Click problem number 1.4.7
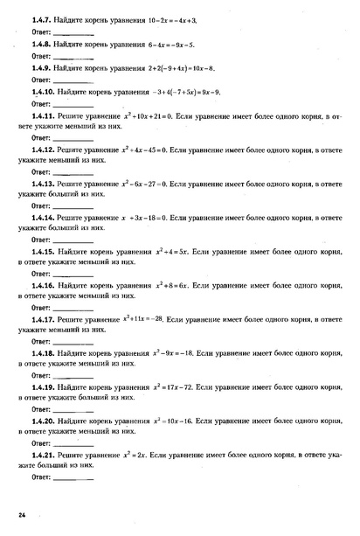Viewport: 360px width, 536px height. [x=39, y=17]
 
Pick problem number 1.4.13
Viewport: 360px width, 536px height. [x=41, y=185]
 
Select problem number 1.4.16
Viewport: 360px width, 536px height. [x=41, y=285]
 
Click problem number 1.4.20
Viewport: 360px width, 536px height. [x=41, y=421]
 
